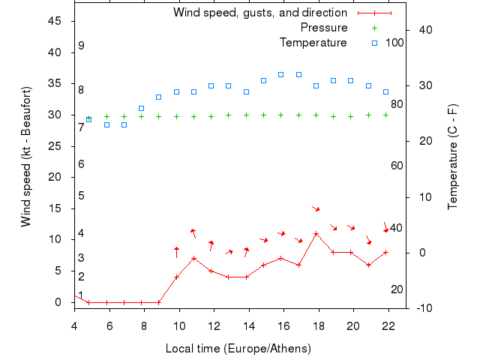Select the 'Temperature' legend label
[x=313, y=43]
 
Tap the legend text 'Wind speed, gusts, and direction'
[x=260, y=13]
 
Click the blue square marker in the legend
[x=373, y=43]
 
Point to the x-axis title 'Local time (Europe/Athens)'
[x=238, y=349]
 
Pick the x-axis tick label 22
[x=388, y=325]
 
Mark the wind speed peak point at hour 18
[x=316, y=233]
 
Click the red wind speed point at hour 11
[x=194, y=258]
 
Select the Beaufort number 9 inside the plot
[x=81, y=46]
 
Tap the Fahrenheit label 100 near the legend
[x=394, y=43]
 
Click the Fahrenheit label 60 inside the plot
[x=397, y=166]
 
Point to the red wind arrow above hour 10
[x=177, y=251]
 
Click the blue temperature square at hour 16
[x=281, y=74]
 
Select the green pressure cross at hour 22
[x=386, y=115]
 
